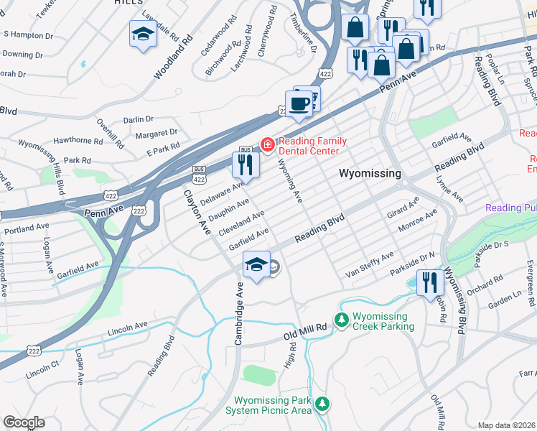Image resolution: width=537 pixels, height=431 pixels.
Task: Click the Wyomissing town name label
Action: [x=369, y=174]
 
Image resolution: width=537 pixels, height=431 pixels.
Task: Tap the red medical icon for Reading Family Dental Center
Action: [x=268, y=146]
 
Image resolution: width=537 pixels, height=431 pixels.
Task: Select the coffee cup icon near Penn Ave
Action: [x=299, y=103]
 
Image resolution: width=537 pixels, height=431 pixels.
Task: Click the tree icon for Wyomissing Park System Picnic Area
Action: [x=324, y=404]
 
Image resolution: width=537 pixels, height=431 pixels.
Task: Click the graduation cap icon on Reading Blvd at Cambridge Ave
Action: [x=257, y=264]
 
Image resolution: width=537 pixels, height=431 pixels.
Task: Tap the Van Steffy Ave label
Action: [x=370, y=265]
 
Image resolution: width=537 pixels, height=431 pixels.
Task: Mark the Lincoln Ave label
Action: [x=128, y=330]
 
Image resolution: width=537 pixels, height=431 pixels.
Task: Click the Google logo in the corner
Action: [x=24, y=422]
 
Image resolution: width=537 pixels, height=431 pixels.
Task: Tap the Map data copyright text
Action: [x=506, y=425]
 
